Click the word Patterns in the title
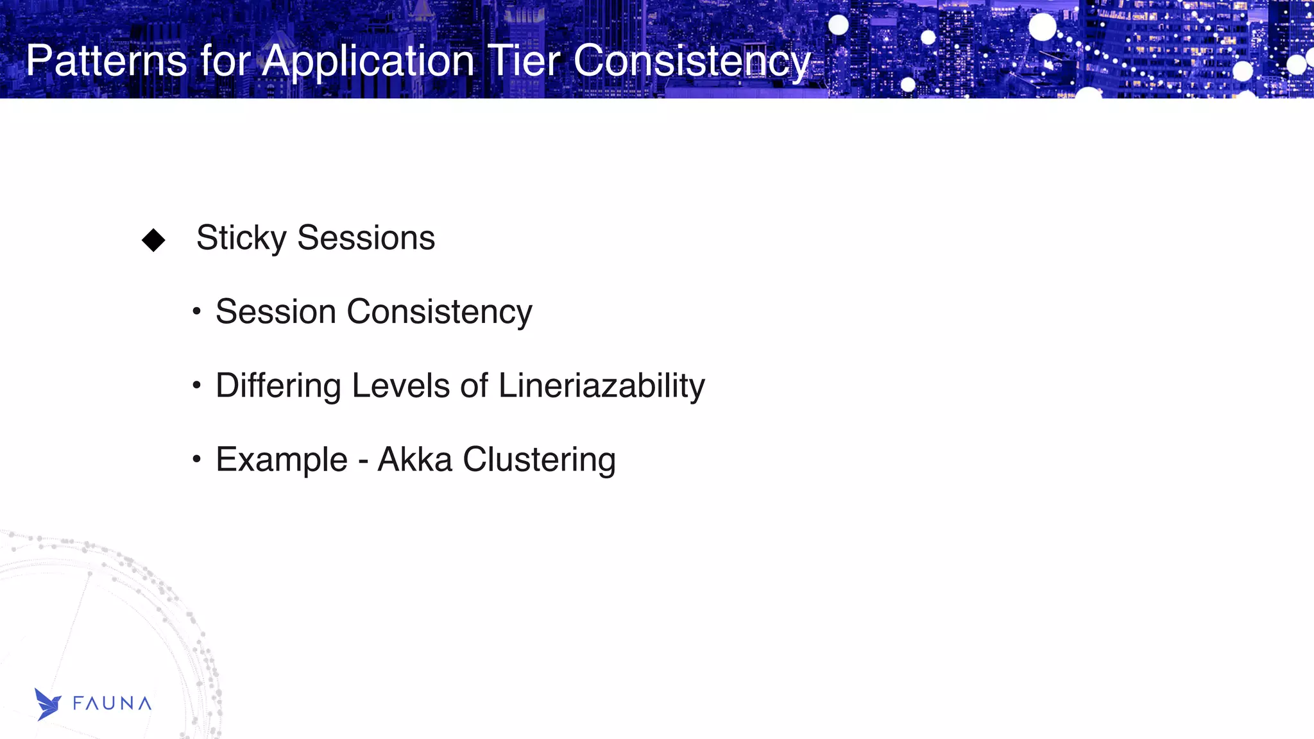(x=107, y=61)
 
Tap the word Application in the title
(x=368, y=62)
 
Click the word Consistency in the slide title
(x=692, y=62)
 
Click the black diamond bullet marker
(x=153, y=240)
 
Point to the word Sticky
(x=241, y=238)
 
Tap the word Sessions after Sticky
(x=366, y=238)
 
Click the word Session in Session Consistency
(x=276, y=312)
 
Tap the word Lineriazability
(x=601, y=386)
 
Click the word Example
(x=282, y=460)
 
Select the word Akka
(x=414, y=460)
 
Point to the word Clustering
(x=539, y=460)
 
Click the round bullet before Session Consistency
(x=197, y=312)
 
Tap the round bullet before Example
(x=197, y=460)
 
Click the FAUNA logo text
(x=112, y=704)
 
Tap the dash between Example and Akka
(x=363, y=461)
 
